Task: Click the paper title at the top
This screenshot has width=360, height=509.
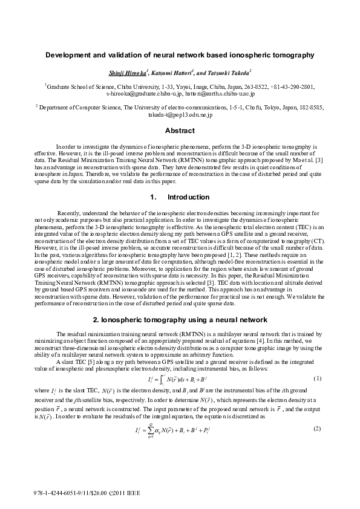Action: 180,54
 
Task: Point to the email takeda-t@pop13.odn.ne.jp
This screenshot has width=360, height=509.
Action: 180,114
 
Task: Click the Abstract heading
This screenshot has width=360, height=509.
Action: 180,131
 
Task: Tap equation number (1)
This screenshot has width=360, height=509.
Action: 316,378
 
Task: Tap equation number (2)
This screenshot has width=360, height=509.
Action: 316,429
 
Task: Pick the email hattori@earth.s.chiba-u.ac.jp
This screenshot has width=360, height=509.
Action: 211,94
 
